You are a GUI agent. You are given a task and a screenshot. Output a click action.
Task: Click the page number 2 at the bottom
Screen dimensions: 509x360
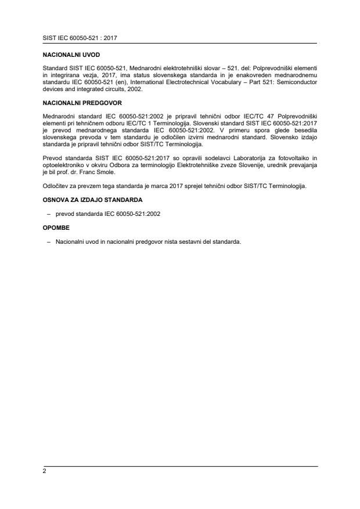pos(44,471)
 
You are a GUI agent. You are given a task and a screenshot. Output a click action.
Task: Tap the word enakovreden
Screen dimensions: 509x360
pos(253,76)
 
